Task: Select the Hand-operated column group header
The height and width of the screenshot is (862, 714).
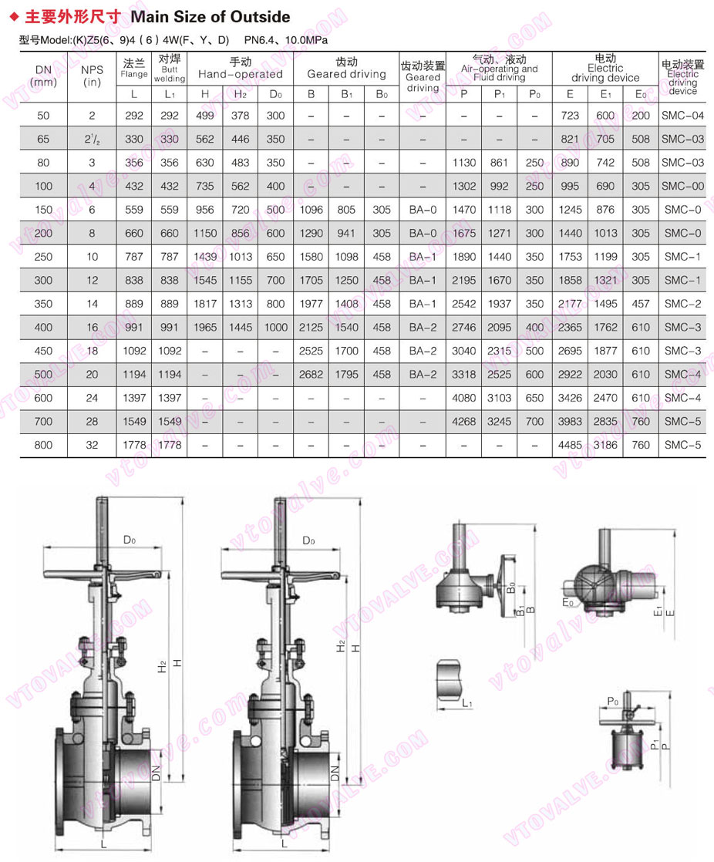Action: pyautogui.click(x=240, y=69)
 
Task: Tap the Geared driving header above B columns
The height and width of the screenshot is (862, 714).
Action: pyautogui.click(x=346, y=69)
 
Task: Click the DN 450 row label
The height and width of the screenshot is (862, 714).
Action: pyautogui.click(x=43, y=351)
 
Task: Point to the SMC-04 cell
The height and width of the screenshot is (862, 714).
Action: pyautogui.click(x=682, y=116)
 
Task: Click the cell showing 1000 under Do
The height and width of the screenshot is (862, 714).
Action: pyautogui.click(x=275, y=328)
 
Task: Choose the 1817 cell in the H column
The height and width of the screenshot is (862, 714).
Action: pyautogui.click(x=204, y=304)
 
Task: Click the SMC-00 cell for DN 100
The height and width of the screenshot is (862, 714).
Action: pyautogui.click(x=682, y=187)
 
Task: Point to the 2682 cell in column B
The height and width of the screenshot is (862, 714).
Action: pyautogui.click(x=311, y=375)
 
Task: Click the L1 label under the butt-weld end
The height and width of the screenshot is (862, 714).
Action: pyautogui.click(x=467, y=703)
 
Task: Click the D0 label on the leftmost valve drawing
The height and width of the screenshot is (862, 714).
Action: pyautogui.click(x=129, y=540)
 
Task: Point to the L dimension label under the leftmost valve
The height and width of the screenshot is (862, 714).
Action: pyautogui.click(x=103, y=846)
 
